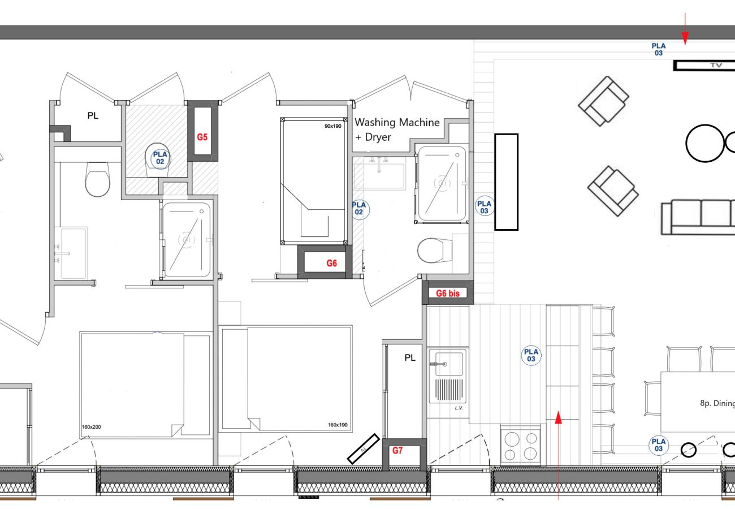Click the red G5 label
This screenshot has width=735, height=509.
tap(202, 137)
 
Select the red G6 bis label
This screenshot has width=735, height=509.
tap(447, 294)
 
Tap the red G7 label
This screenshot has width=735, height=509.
tap(397, 451)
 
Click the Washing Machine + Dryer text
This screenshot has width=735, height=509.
tap(396, 129)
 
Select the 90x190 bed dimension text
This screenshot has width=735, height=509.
tap(332, 126)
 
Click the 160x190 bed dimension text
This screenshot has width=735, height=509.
tap(337, 425)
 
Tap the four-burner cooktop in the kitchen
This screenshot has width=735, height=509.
tap(520, 446)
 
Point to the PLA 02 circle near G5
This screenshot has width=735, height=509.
tap(161, 157)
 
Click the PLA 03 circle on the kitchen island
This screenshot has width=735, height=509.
tap(531, 355)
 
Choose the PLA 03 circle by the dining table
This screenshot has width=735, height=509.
tap(658, 445)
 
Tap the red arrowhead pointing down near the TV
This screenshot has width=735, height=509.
tap(685, 39)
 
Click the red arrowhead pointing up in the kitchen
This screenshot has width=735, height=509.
tap(559, 418)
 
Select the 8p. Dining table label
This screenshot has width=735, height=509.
tap(717, 403)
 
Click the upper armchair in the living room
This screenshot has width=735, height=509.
tap(603, 101)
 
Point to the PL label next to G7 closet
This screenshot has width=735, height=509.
tap(410, 358)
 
